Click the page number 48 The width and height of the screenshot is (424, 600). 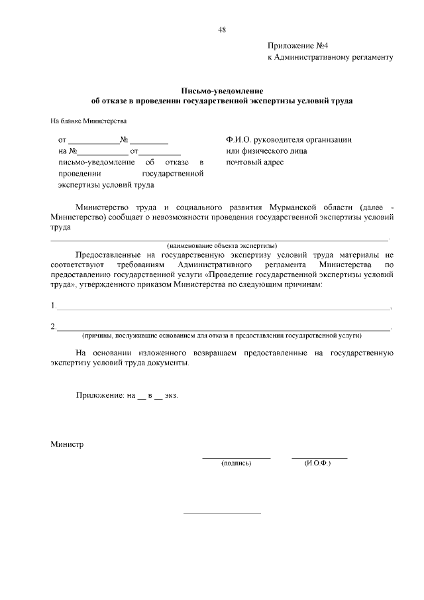pyautogui.click(x=222, y=29)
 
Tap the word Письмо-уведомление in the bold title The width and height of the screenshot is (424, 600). pyautogui.click(x=222, y=90)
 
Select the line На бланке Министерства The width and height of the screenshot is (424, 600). pyautogui.click(x=88, y=121)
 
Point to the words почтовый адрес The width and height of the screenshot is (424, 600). pyautogui.click(x=254, y=162)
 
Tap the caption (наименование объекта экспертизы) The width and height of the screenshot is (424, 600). pyautogui.click(x=222, y=245)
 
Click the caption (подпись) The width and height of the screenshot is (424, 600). pyautogui.click(x=236, y=463)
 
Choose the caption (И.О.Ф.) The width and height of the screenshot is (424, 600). pyautogui.click(x=318, y=463)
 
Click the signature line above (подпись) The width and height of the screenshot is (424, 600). pyautogui.click(x=236, y=458)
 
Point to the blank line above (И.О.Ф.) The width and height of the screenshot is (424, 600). pyautogui.click(x=319, y=458)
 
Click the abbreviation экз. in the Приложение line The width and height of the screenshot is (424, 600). pyautogui.click(x=172, y=395)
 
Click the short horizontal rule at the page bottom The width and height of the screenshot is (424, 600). pyautogui.click(x=222, y=512)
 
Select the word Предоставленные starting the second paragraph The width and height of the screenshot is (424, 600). pyautogui.click(x=107, y=255)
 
